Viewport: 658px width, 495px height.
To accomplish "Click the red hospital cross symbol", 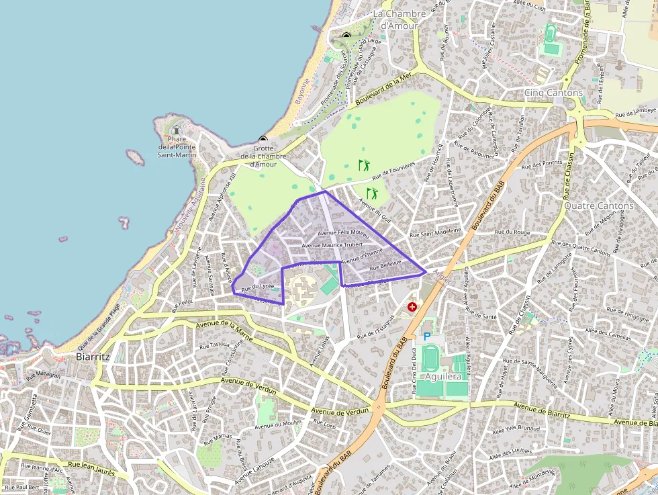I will (412, 307).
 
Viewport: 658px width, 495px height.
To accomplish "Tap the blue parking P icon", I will (426, 336).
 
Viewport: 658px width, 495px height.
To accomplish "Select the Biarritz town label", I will (93, 357).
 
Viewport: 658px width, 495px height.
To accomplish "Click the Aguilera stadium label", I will (443, 377).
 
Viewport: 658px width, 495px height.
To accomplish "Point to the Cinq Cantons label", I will (553, 93).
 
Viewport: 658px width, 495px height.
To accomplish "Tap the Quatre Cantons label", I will (598, 206).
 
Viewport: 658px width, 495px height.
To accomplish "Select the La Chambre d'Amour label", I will (399, 19).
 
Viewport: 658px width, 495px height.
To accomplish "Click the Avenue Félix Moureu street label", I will (344, 234).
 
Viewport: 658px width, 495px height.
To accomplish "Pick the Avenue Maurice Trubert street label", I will (332, 245).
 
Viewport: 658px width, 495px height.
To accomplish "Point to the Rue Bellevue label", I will (385, 265).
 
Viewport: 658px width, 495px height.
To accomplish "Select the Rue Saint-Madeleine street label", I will (436, 232).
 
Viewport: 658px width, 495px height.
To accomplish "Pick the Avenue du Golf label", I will (375, 208).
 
